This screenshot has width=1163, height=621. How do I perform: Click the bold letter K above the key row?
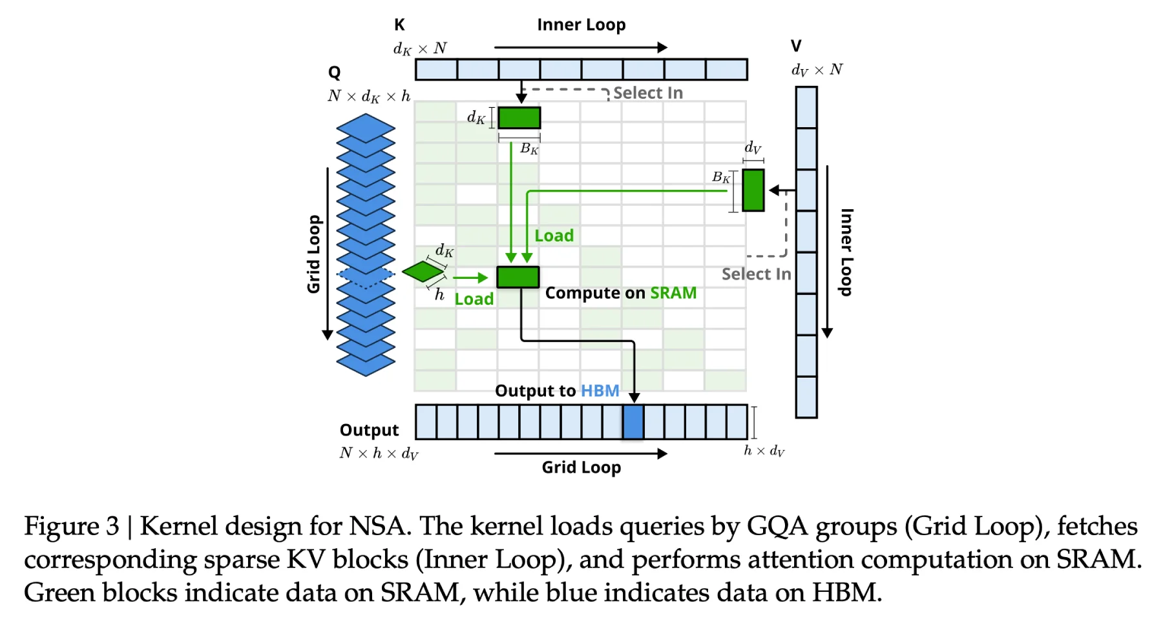[399, 25]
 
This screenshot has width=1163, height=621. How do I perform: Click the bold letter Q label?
[334, 72]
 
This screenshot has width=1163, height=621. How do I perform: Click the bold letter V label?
[796, 46]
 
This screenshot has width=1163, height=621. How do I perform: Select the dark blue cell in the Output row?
[633, 422]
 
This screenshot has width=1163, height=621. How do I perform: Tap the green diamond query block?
[423, 271]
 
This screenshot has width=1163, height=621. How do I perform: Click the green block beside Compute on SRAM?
[518, 277]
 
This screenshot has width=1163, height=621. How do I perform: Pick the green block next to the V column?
[753, 190]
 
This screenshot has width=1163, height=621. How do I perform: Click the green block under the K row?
[519, 118]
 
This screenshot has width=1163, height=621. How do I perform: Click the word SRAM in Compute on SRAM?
[673, 293]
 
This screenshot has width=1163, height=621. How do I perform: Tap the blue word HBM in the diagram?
[600, 391]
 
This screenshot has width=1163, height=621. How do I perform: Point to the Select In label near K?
[647, 93]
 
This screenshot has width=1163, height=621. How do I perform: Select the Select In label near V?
[756, 274]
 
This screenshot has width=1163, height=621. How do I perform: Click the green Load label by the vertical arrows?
[554, 236]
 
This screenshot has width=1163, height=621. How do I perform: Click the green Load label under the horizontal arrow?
[474, 299]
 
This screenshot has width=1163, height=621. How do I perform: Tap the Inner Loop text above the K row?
[581, 25]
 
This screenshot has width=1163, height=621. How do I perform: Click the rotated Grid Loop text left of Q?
[313, 254]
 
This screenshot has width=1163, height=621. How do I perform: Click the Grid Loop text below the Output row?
[581, 467]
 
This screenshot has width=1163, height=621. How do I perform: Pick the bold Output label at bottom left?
[369, 430]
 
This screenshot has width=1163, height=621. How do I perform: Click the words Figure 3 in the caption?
[72, 526]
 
